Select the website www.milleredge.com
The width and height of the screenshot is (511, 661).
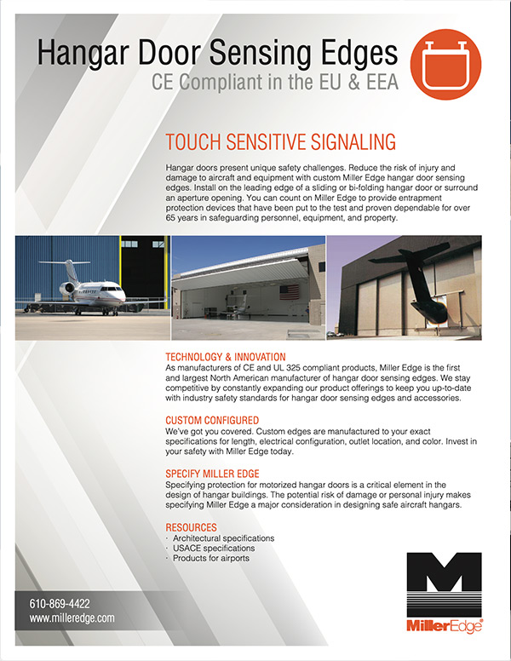pos(72,618)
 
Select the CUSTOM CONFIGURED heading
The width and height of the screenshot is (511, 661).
pos(212,421)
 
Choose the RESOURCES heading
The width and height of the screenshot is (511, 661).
pos(191,527)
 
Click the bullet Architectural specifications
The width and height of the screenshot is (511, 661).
pos(223,538)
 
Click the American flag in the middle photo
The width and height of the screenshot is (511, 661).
pos(290,292)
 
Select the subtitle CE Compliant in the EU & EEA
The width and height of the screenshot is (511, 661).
pos(273,83)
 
